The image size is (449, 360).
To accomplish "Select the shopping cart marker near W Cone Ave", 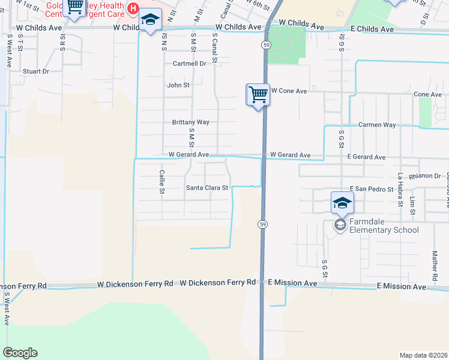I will [x=258, y=94].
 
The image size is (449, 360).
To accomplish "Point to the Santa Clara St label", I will [x=207, y=187].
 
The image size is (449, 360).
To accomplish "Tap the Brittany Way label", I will [x=190, y=122].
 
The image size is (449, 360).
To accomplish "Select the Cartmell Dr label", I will [x=189, y=63].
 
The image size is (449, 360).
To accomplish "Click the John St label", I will [x=178, y=85].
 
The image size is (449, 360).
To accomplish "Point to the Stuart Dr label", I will [x=36, y=71].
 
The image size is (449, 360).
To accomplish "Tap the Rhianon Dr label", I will [x=424, y=176].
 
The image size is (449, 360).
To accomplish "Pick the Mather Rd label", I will [x=433, y=266].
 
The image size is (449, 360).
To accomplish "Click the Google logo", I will [x=20, y=353].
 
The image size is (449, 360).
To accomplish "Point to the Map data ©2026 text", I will [x=423, y=355].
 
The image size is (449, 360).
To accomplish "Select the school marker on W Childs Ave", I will [x=150, y=22].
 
